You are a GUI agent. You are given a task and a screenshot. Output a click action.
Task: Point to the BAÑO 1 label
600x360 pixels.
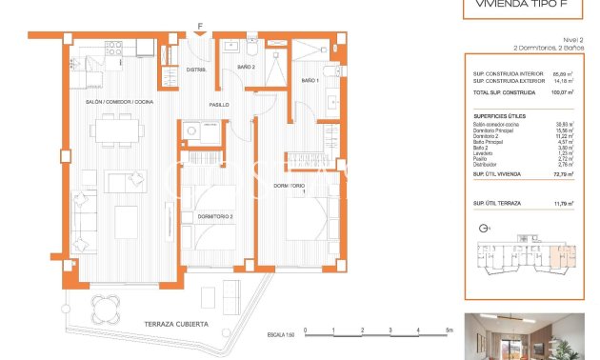click(x=311, y=81)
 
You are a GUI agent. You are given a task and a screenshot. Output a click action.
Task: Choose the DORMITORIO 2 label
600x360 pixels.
click(x=215, y=217)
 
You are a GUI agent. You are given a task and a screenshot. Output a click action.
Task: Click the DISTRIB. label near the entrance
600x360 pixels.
click(x=197, y=70)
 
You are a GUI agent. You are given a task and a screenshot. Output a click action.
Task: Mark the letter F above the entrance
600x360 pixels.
click(x=199, y=27)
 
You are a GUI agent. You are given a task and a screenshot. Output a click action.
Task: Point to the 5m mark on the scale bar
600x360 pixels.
click(x=448, y=330)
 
